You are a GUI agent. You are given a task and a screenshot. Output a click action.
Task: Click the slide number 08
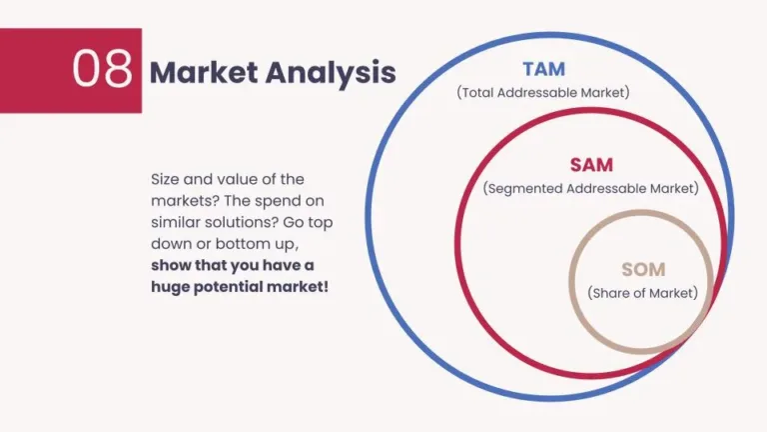(102, 70)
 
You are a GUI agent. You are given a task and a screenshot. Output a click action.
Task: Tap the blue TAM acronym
(543, 70)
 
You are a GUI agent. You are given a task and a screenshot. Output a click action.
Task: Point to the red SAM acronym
(590, 165)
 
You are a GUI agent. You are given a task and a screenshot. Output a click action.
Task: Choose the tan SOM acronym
(642, 270)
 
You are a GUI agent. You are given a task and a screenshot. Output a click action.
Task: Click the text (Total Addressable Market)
(543, 93)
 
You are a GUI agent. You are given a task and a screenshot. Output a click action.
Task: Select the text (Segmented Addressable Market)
(590, 188)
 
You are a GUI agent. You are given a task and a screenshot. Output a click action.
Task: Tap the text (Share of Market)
(642, 293)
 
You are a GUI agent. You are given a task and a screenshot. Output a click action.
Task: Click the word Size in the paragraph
(167, 179)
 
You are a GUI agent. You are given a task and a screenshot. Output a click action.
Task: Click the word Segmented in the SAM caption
(523, 188)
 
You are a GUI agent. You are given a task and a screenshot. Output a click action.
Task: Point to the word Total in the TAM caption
(480, 93)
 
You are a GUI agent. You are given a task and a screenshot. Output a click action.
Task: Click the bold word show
(171, 265)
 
